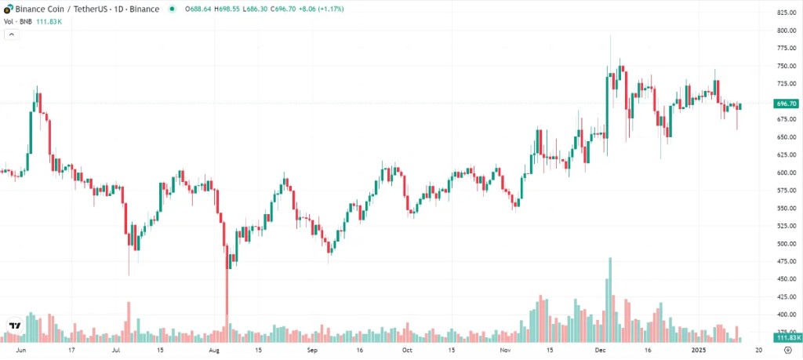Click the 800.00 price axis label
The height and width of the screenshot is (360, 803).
point(786,31)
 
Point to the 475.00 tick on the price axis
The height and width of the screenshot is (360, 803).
point(786,279)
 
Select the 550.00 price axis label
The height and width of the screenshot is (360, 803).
point(786,209)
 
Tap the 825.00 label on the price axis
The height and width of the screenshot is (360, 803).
point(786,13)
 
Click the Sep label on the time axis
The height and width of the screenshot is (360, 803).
point(312,351)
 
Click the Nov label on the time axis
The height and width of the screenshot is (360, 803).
point(505,351)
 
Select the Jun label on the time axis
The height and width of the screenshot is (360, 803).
point(21,351)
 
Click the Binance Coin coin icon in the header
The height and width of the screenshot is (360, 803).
point(9,9)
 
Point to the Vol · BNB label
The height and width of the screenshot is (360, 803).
point(19,21)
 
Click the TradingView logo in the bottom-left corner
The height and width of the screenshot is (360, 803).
point(14,325)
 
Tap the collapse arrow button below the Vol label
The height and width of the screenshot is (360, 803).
point(10,35)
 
